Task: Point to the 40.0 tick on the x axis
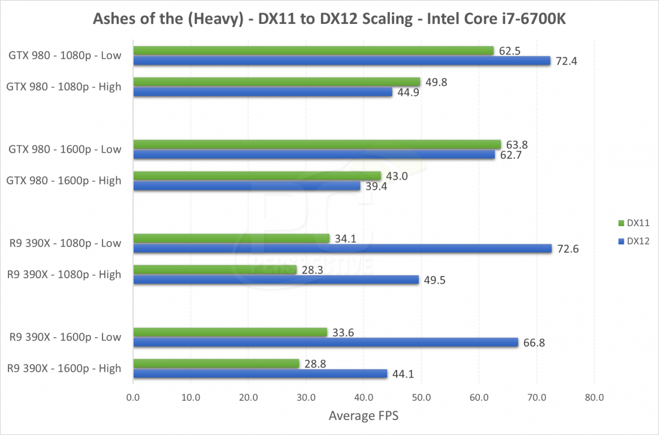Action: click(x=364, y=397)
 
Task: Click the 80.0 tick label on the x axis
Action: click(x=594, y=397)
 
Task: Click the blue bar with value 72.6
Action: click(x=342, y=249)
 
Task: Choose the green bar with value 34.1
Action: click(x=231, y=238)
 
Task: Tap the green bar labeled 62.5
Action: click(x=313, y=51)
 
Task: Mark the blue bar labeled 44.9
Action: click(x=262, y=92)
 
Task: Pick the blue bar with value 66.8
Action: click(x=325, y=342)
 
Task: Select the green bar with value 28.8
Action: click(x=216, y=363)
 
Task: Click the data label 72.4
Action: click(x=566, y=61)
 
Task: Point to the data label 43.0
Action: click(x=395, y=175)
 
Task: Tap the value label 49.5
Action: click(x=434, y=279)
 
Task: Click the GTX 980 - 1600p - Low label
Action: click(x=65, y=149)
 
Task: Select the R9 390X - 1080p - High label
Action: click(x=64, y=275)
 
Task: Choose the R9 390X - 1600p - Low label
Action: click(x=65, y=337)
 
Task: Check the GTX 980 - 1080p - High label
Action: click(x=64, y=87)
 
